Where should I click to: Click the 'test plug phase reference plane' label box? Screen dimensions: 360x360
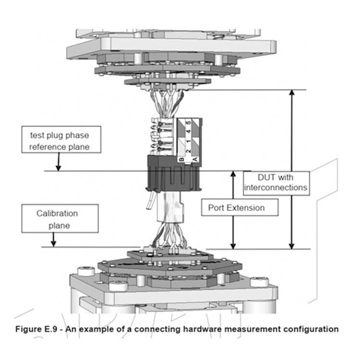[x=61, y=139]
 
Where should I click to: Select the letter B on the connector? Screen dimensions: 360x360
[x=182, y=160]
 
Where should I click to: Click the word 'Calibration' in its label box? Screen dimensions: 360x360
[x=57, y=213]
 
